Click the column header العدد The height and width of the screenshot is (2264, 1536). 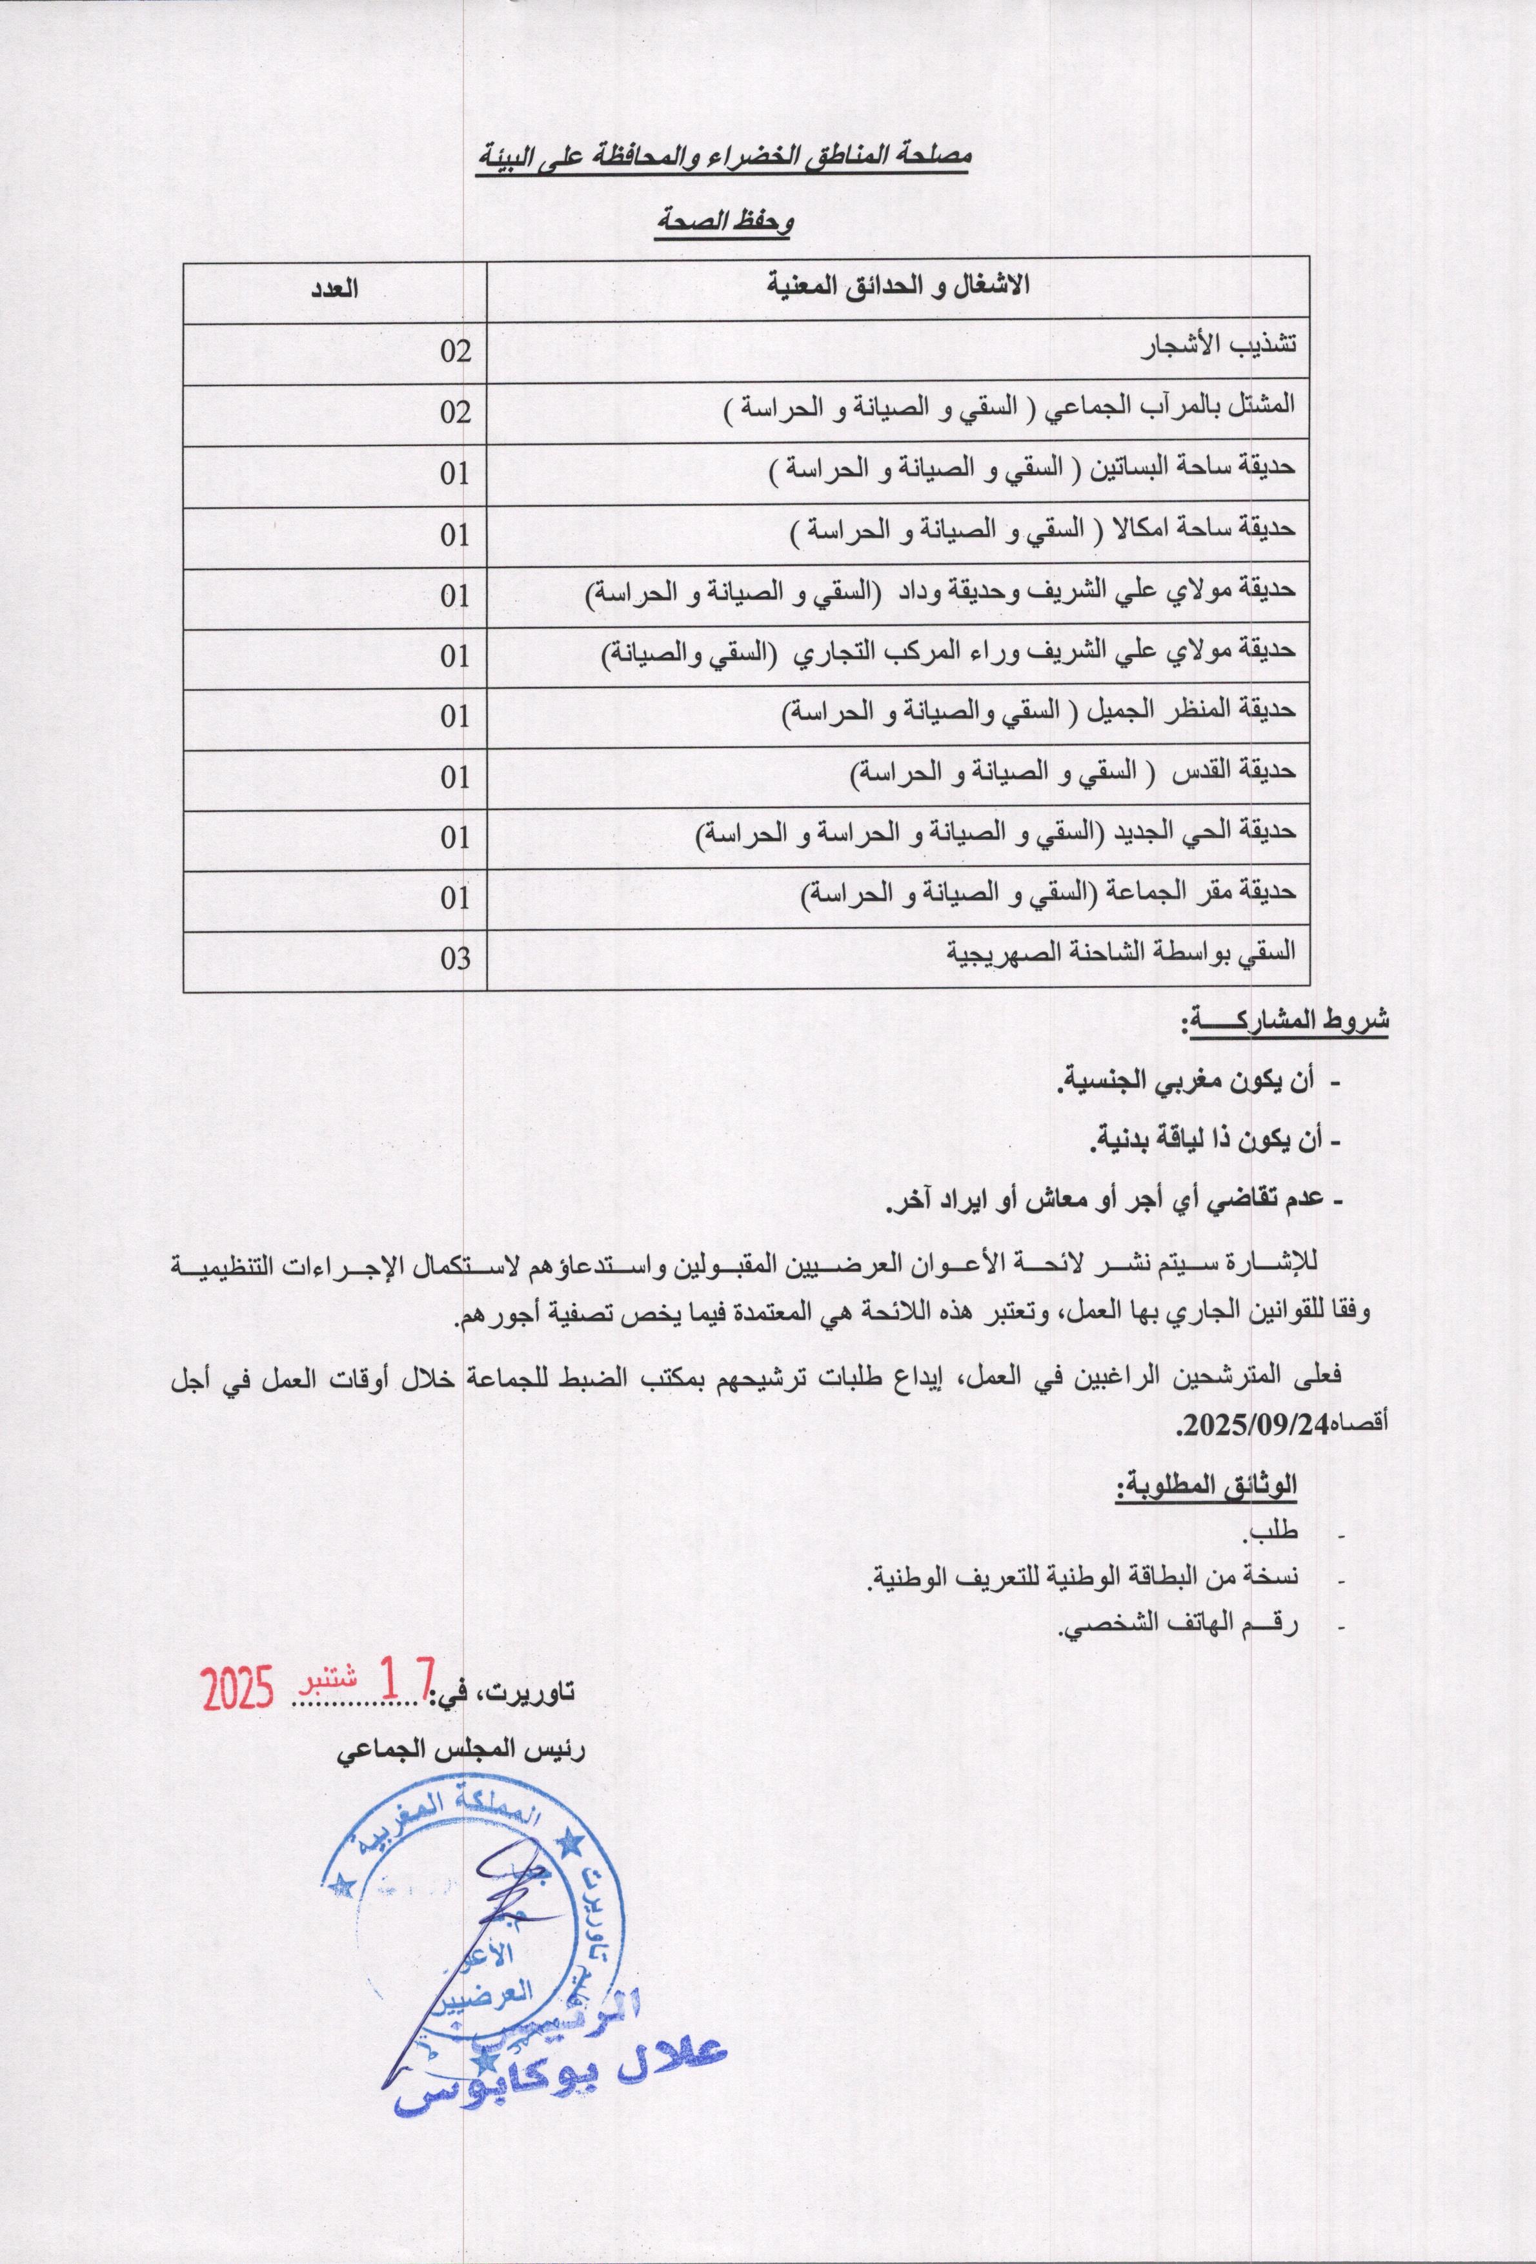click(334, 289)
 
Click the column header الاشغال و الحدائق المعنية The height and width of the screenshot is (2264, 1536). click(898, 287)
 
